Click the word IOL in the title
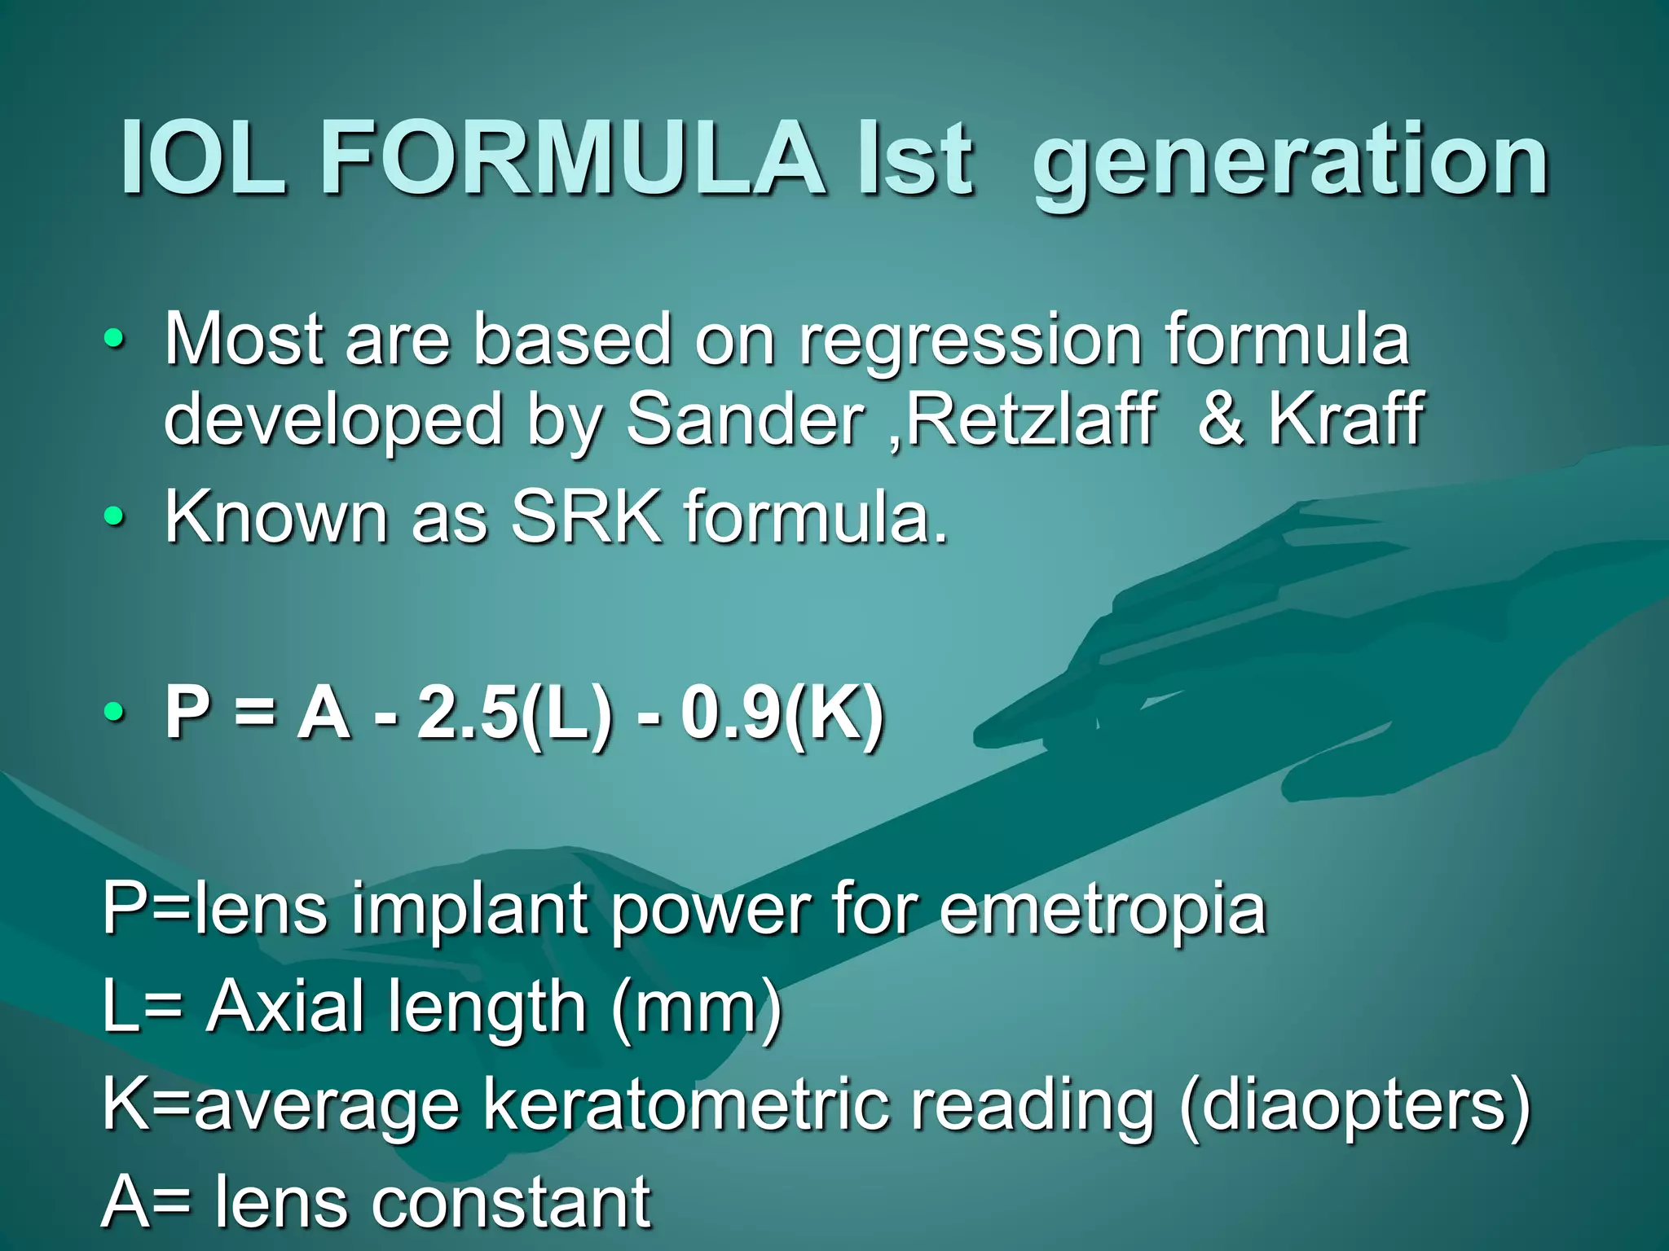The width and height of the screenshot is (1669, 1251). [x=203, y=159]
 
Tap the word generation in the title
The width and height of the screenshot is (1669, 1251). [x=1289, y=163]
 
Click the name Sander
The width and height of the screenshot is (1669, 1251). [x=745, y=420]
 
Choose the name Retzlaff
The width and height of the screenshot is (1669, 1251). [x=1030, y=420]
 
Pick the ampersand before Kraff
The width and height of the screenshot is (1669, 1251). [x=1221, y=420]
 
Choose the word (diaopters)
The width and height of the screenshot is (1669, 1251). [x=1354, y=1106]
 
